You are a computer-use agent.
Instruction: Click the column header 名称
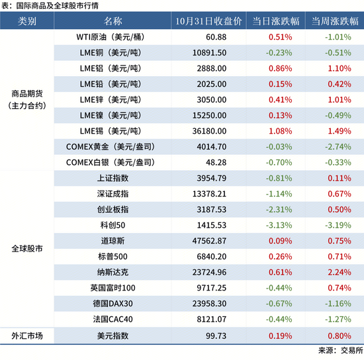click(x=113, y=21)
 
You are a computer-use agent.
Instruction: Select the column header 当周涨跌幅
click(x=337, y=21)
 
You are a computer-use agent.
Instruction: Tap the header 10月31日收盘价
click(x=205, y=21)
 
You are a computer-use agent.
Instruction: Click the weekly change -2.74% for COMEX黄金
click(x=337, y=146)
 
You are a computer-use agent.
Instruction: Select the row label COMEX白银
click(x=112, y=161)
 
